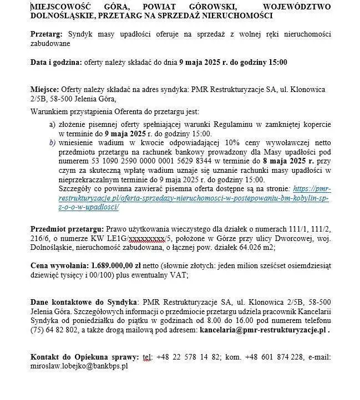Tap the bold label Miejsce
44,90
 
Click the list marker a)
52,126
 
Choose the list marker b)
52,142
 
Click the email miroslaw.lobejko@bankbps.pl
79,366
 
